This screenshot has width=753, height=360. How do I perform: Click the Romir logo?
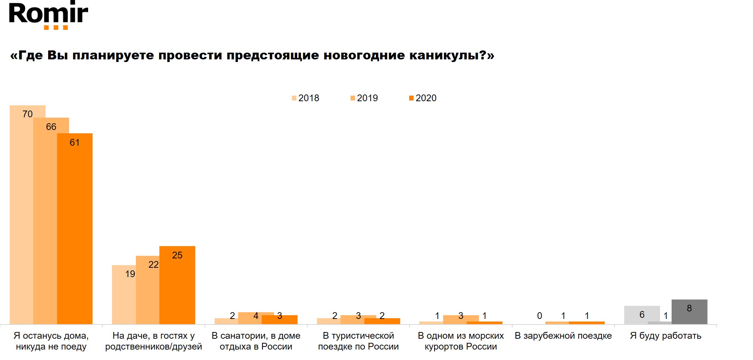pos(48,15)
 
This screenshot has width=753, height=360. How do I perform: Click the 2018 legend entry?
pos(306,98)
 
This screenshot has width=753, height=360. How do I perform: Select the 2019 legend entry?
pos(364,98)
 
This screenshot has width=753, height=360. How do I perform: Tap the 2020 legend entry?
pos(423,98)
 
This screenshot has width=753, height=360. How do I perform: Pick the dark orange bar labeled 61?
pos(75,232)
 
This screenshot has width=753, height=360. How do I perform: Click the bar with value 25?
pos(177,288)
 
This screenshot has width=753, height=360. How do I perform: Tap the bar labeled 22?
pos(148,291)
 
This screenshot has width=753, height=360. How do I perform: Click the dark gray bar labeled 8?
pos(689,312)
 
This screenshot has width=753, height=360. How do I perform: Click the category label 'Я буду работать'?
pos(666,336)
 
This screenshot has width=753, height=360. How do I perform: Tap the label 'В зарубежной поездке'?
pos(563,336)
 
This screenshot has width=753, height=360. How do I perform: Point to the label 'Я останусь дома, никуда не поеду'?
pos(51,341)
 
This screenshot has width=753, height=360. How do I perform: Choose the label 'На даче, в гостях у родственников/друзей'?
pos(153,341)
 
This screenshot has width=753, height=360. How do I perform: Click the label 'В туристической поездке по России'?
pos(358,341)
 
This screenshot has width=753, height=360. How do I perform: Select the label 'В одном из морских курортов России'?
pos(461,341)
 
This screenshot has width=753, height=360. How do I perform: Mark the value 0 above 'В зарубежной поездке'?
pos(539,316)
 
